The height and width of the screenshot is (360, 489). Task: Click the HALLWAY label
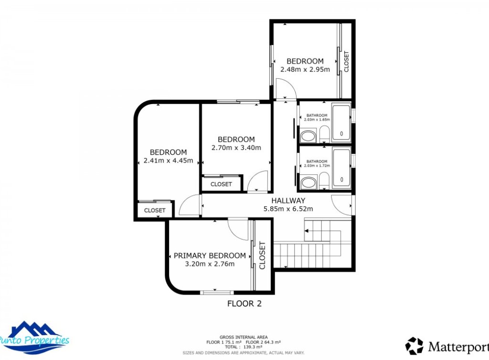288,201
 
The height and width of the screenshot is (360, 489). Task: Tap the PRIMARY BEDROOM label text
210,256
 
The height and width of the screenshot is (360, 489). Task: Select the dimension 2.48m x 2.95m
305,69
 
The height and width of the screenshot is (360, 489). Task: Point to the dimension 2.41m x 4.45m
168,160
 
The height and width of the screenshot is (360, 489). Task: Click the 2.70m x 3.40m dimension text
236,148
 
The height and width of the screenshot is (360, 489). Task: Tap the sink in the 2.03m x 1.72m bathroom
309,182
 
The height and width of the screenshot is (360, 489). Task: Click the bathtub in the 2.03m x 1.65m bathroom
341,123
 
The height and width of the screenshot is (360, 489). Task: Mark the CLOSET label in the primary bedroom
262,255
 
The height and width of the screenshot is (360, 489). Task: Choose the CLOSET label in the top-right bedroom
347,61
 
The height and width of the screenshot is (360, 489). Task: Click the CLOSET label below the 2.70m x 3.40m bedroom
221,184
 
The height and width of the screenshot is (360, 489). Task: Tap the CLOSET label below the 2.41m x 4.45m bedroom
155,210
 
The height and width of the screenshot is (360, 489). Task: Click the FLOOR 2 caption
244,303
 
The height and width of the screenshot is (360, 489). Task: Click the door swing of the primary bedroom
237,228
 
